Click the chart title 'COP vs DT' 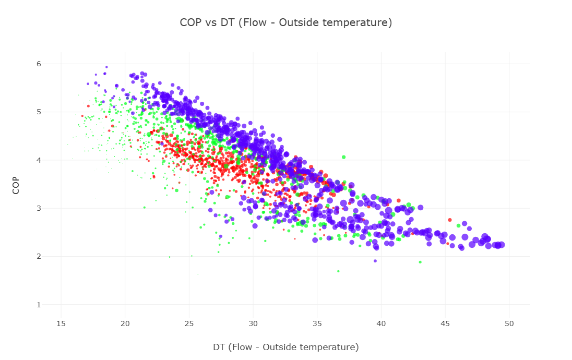coord(285,22)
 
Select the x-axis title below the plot coord(285,347)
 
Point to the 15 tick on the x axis coord(61,323)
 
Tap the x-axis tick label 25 coord(189,323)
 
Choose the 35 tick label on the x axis coord(317,323)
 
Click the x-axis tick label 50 coord(509,323)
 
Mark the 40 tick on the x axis coord(382,323)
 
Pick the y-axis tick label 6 coord(39,64)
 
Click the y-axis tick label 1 coord(39,305)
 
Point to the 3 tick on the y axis coord(39,208)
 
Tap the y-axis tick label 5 coord(39,112)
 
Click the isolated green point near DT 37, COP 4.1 coord(343,157)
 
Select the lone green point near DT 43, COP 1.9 coord(420,262)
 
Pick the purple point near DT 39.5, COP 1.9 coord(375,261)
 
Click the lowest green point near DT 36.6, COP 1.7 coord(338,271)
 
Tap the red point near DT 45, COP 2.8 coord(450,220)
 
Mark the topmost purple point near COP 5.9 coord(106,67)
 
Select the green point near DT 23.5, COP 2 coord(170,257)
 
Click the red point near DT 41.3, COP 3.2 coord(399,200)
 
